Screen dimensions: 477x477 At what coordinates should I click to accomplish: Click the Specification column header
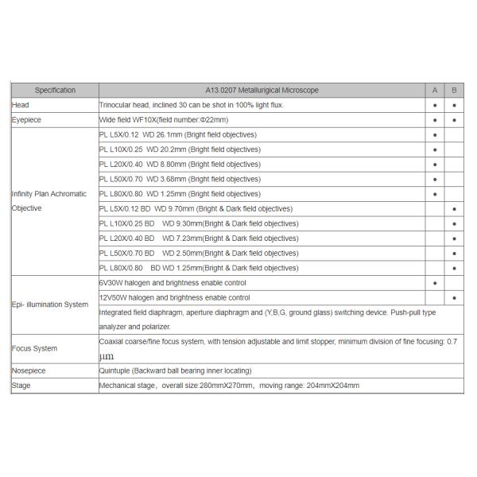55,90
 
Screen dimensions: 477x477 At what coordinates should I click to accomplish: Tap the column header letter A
435,90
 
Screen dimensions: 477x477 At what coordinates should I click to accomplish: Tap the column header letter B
454,90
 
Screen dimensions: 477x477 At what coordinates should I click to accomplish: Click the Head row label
20,105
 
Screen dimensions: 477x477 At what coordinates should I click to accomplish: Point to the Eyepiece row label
26,120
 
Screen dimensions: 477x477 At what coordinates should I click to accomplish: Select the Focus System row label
34,348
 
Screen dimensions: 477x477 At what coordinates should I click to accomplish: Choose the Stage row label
21,386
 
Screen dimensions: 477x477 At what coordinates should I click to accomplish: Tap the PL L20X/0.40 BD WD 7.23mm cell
199,238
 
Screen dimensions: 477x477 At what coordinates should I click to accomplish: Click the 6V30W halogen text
173,283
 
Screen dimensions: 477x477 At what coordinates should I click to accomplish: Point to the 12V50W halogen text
174,297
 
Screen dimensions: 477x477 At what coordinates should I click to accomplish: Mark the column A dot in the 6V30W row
435,283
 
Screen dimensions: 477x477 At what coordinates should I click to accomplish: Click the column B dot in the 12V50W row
454,298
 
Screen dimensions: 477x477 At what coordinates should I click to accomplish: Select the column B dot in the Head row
454,105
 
